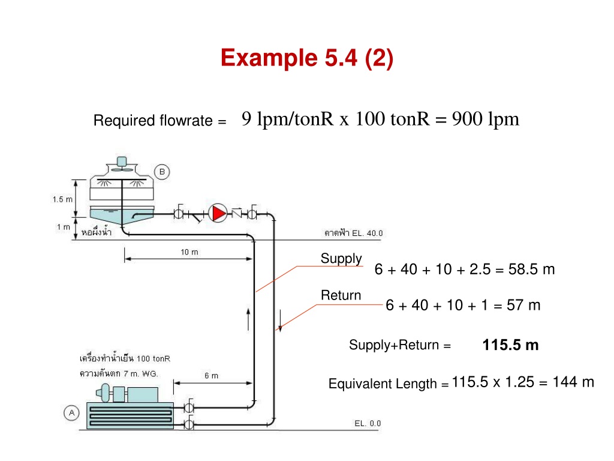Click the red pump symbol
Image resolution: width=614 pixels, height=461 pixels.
click(x=218, y=213)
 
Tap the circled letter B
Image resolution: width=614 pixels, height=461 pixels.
click(x=162, y=172)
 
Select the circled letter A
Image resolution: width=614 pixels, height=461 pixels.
click(x=71, y=413)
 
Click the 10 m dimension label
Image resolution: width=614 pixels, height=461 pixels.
click(x=189, y=252)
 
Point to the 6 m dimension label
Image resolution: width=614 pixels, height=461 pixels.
click(x=211, y=376)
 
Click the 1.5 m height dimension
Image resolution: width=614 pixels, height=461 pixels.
click(x=62, y=199)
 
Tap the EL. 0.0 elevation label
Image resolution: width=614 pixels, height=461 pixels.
click(x=368, y=423)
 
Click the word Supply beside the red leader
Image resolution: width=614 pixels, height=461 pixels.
click(x=341, y=259)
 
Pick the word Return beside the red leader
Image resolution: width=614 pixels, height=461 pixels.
click(x=341, y=295)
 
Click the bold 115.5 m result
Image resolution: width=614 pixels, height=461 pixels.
click(x=510, y=345)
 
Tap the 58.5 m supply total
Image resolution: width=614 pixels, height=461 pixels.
click(x=531, y=270)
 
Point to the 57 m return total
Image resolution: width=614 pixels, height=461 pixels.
click(x=523, y=305)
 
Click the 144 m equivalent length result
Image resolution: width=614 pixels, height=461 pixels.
click(x=573, y=382)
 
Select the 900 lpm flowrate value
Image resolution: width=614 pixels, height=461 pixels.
click(x=486, y=119)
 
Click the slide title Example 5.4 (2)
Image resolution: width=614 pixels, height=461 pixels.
click(x=307, y=58)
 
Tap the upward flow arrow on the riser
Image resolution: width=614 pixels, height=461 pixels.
click(x=248, y=319)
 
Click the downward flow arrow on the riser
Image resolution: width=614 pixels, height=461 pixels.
click(x=281, y=321)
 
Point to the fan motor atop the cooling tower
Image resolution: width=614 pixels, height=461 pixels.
click(x=122, y=161)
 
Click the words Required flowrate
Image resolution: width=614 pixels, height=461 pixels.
click(x=153, y=120)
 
